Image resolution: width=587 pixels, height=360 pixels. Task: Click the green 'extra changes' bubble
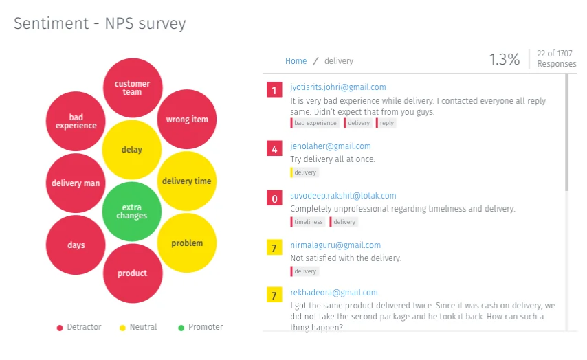click(132, 211)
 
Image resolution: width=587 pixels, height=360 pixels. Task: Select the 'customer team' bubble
click(132, 88)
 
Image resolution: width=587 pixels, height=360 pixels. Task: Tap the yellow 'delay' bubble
click(132, 150)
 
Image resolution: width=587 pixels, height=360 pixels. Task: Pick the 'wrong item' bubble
click(187, 120)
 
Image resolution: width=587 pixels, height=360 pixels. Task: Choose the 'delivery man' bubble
click(76, 183)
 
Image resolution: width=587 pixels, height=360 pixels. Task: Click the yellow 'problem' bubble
click(187, 243)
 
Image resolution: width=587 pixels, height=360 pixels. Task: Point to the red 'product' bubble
click(132, 273)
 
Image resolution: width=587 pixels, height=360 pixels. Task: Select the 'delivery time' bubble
click(187, 181)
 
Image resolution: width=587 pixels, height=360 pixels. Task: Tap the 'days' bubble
click(76, 245)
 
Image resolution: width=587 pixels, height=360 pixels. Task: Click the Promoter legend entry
click(200, 328)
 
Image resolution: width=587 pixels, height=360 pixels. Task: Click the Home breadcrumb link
click(296, 61)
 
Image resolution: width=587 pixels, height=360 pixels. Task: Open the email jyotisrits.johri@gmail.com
click(337, 87)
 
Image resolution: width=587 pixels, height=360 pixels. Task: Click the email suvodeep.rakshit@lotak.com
click(343, 196)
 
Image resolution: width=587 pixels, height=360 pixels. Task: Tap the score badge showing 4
click(275, 149)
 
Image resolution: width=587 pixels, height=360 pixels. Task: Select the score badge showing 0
click(275, 199)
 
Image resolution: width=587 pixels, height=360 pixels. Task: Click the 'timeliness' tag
click(308, 222)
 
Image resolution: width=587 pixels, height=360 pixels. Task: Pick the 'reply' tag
click(387, 123)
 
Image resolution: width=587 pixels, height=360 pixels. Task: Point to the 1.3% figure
click(505, 60)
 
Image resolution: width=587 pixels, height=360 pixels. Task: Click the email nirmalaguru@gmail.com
click(335, 245)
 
